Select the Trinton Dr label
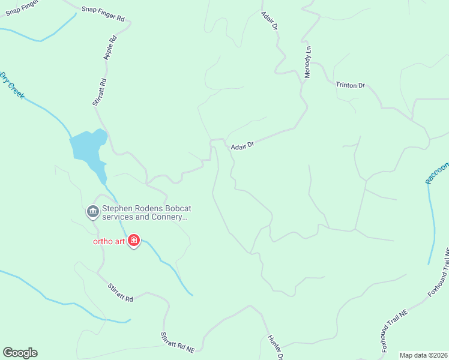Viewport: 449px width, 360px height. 351,85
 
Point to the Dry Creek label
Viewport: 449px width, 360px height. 12,85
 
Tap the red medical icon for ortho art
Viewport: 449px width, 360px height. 133,242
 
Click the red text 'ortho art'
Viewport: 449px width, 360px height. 108,242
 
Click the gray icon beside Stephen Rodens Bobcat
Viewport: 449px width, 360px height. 92,211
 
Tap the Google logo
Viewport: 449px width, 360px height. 20,353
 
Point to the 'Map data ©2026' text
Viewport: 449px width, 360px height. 424,355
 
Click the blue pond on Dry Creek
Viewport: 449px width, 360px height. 88,147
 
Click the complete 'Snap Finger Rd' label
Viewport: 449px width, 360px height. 103,14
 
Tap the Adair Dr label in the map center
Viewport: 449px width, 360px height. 243,145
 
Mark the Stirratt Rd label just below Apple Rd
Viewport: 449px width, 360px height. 100,92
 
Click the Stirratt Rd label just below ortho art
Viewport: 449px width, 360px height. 119,292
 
